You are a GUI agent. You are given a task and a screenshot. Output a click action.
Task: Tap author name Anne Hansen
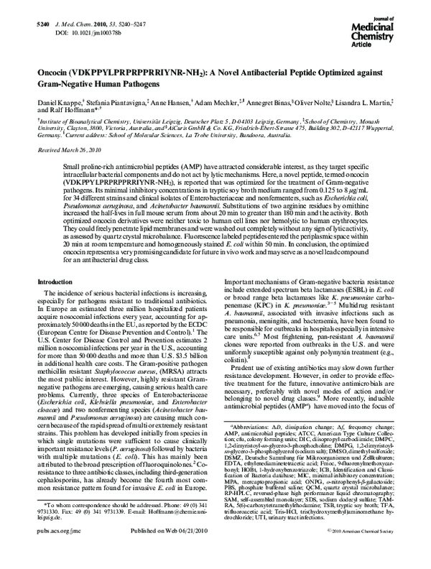click(x=169, y=106)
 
